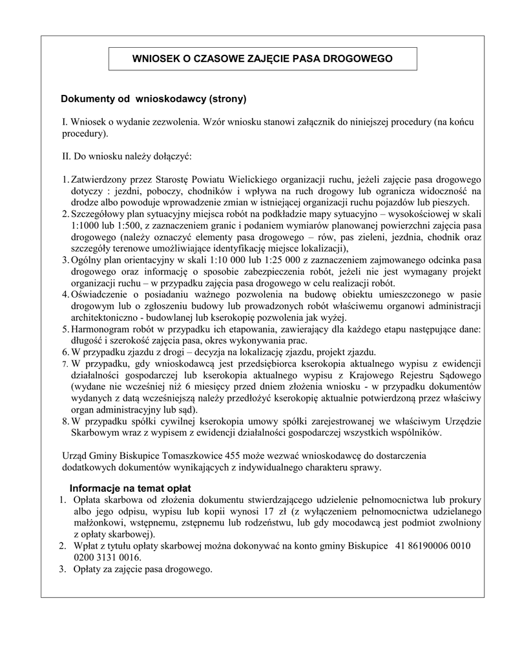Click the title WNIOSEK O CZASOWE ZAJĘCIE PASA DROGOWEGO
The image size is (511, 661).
click(x=262, y=58)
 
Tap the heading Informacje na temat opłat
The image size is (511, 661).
click(x=130, y=487)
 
